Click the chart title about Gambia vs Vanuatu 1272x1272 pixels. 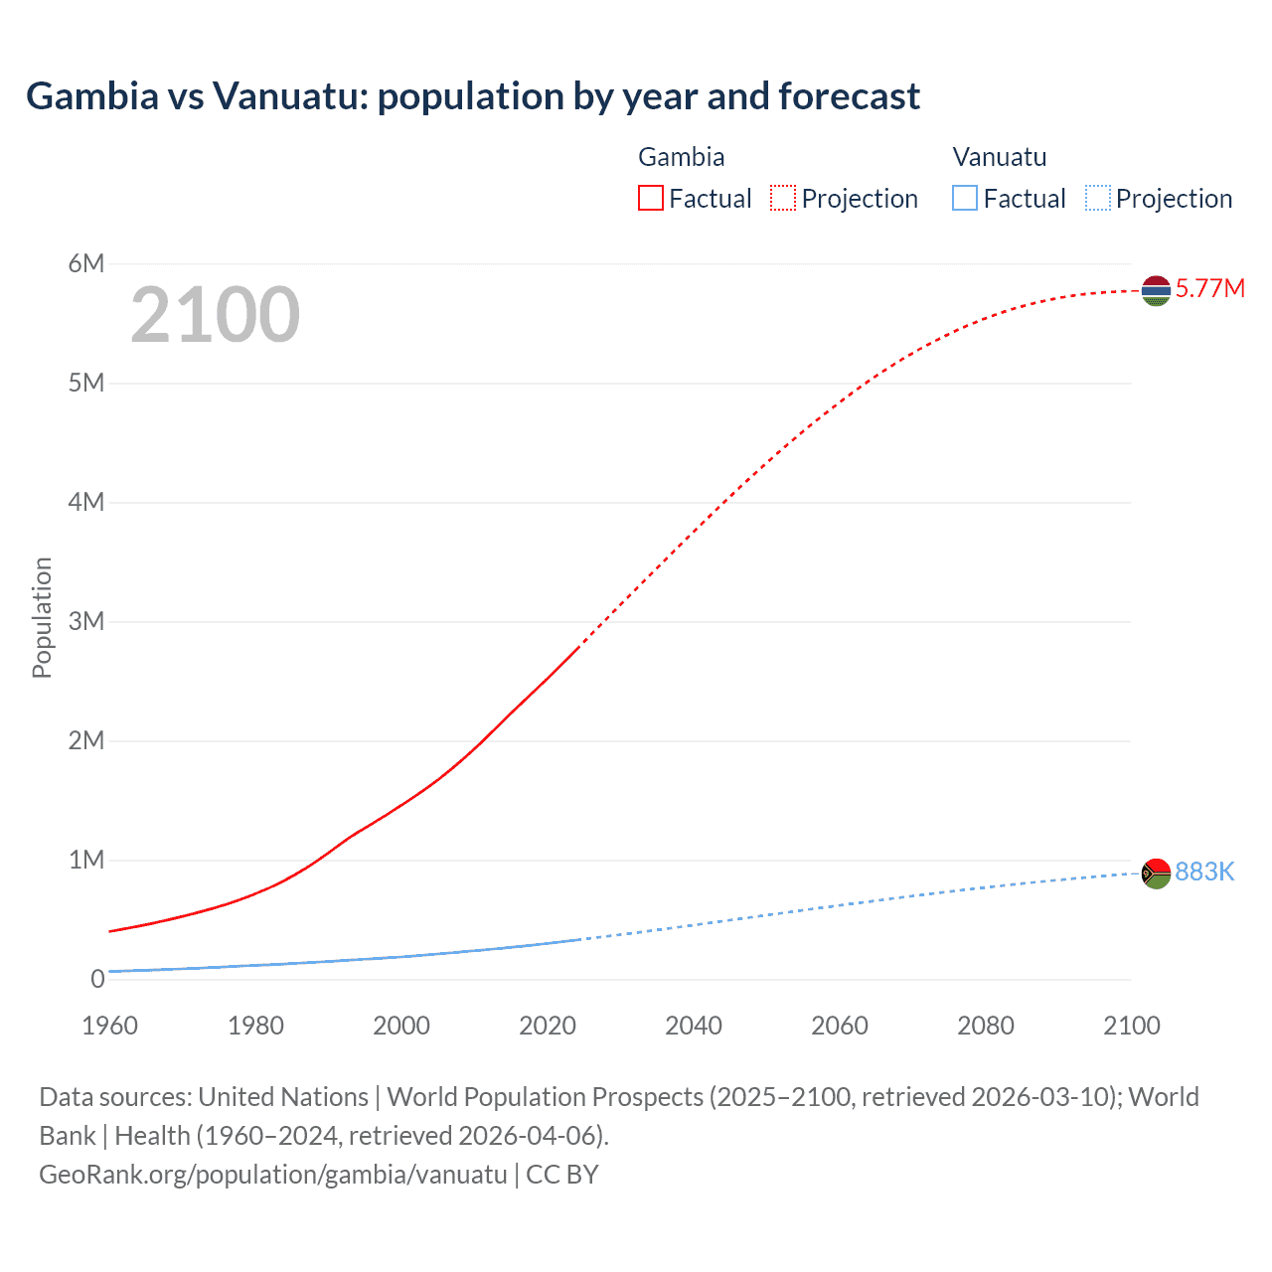pyautogui.click(x=473, y=96)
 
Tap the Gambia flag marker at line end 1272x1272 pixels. pyautogui.click(x=1156, y=290)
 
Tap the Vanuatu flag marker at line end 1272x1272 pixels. pyautogui.click(x=1156, y=874)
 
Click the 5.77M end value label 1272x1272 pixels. pyautogui.click(x=1209, y=289)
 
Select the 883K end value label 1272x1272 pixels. pyautogui.click(x=1204, y=873)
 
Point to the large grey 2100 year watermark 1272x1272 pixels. pyautogui.click(x=215, y=315)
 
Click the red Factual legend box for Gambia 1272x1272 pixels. pyautogui.click(x=651, y=199)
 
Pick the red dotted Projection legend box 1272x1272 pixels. pyautogui.click(x=783, y=199)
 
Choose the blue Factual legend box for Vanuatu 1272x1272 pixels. pyautogui.click(x=965, y=199)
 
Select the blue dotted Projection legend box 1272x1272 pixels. pyautogui.click(x=1098, y=199)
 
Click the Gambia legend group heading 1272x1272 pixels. pyautogui.click(x=681, y=157)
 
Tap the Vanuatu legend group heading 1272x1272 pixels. pyautogui.click(x=999, y=157)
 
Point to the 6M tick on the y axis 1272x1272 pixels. pyautogui.click(x=86, y=263)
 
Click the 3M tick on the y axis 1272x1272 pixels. pyautogui.click(x=86, y=621)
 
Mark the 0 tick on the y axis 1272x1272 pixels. pyautogui.click(x=97, y=979)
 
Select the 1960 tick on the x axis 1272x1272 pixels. pyautogui.click(x=110, y=1026)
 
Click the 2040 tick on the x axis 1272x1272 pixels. pyautogui.click(x=694, y=1026)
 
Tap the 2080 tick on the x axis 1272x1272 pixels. pyautogui.click(x=986, y=1026)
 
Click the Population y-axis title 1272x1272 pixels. pyautogui.click(x=42, y=617)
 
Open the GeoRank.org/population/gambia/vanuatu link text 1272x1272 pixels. pyautogui.click(x=273, y=1175)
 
